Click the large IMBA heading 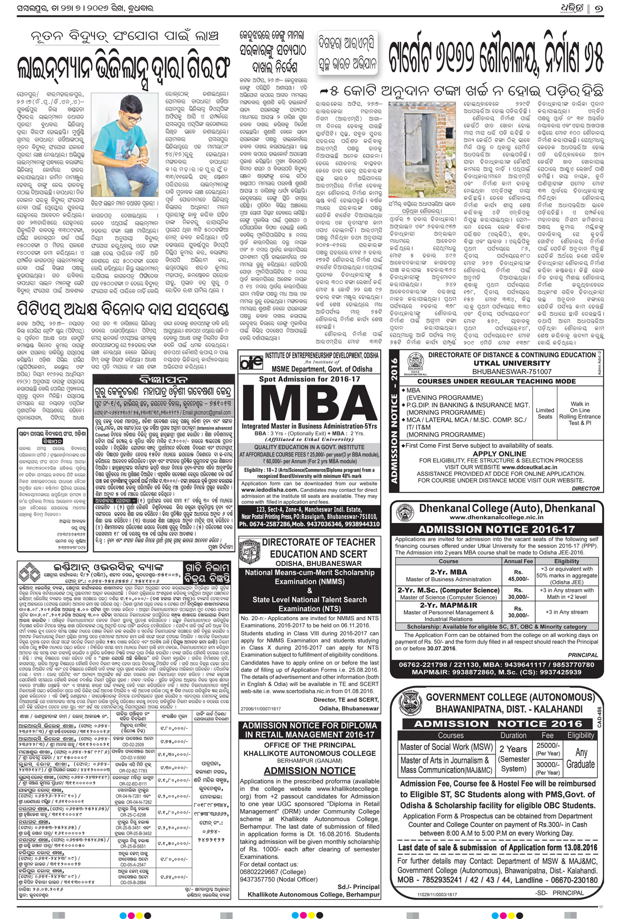310,401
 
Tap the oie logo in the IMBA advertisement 251,361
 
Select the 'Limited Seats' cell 544,413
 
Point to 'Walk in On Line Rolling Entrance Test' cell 579,413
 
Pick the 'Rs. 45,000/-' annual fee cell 518,576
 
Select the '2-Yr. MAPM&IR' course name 448,605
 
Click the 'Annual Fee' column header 518,561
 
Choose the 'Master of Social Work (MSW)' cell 446,747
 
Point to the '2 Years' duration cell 513,749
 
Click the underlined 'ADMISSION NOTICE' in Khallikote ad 310,771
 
